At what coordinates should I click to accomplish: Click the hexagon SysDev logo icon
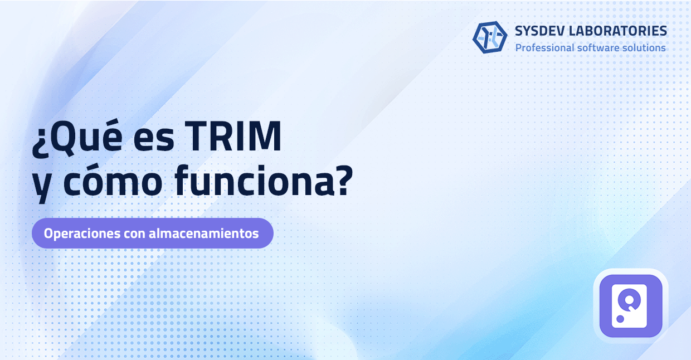490,37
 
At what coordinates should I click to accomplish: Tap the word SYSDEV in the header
539,31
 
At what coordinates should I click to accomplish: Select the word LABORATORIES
618,31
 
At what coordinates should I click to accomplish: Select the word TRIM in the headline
233,136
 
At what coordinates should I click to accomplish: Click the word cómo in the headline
113,181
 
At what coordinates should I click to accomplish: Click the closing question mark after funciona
345,181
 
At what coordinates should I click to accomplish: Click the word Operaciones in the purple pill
82,233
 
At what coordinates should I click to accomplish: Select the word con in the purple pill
134,235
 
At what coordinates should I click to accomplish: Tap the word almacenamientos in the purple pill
204,233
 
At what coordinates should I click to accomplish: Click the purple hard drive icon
631,306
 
